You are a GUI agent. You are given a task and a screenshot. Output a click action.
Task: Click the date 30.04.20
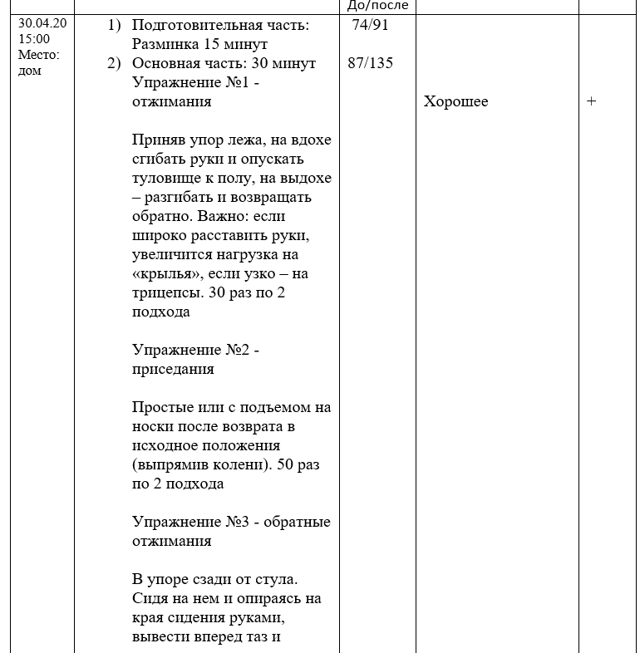click(x=42, y=23)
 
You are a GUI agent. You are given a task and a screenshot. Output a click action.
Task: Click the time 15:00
click(x=33, y=38)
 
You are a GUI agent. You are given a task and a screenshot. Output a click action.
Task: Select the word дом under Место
click(x=30, y=71)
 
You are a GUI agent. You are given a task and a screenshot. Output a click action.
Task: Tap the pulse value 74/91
click(x=370, y=25)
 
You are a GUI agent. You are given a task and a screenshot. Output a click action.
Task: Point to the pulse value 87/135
click(x=371, y=63)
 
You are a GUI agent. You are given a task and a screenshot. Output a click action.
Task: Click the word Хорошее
click(x=456, y=102)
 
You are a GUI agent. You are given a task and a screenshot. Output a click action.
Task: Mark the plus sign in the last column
click(x=592, y=102)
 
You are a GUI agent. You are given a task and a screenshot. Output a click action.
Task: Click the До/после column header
click(x=378, y=5)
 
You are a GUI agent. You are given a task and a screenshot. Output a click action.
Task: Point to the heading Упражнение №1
click(x=196, y=83)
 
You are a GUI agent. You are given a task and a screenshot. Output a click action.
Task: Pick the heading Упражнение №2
click(x=196, y=351)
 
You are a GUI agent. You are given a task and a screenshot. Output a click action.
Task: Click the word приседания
click(x=173, y=369)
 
